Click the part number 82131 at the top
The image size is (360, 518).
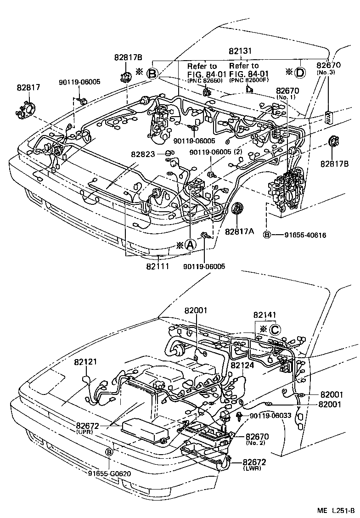point(244,52)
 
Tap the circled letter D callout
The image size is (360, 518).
point(299,72)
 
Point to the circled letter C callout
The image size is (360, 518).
point(274,329)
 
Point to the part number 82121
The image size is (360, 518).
point(86,361)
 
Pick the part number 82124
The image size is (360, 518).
point(242,365)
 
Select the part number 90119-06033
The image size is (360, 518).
point(271,416)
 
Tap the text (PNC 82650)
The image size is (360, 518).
point(204,81)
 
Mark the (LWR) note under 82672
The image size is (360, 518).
point(254,469)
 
